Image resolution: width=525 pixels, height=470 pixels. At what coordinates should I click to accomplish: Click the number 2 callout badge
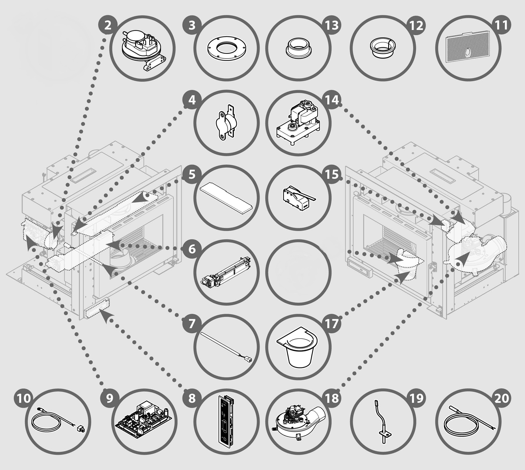[108, 25]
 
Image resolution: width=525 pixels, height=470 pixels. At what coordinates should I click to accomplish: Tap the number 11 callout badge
[501, 25]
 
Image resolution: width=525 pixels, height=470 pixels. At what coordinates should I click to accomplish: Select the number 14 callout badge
[332, 100]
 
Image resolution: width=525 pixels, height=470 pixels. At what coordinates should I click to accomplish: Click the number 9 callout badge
[110, 398]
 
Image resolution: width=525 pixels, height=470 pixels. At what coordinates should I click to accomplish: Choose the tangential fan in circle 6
[226, 273]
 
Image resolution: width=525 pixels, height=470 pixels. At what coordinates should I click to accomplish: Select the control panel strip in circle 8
[226, 422]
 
